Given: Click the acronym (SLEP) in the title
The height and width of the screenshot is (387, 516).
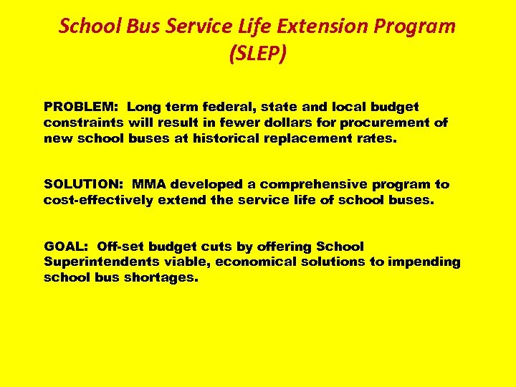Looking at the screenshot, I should pyautogui.click(x=257, y=54).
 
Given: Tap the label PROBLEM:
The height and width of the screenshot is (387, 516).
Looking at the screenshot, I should pyautogui.click(x=82, y=107).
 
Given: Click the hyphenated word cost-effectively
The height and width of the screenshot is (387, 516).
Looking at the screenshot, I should pyautogui.click(x=98, y=201).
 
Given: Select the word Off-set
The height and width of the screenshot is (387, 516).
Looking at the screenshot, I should pyautogui.click(x=123, y=247).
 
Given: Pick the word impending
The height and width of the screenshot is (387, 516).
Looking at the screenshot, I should pyautogui.click(x=424, y=262).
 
